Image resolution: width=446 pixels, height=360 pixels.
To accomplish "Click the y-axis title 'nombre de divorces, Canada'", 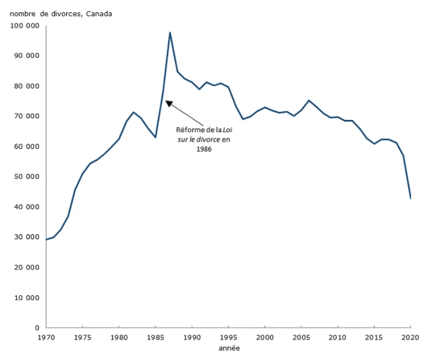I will [x=61, y=14].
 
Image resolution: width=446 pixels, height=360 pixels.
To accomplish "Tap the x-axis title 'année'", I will [x=228, y=348].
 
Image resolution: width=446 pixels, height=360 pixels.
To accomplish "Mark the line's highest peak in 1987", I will [x=170, y=32].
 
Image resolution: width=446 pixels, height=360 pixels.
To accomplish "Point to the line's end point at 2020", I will [x=411, y=198].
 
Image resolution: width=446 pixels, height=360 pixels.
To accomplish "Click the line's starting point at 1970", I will [x=46, y=239].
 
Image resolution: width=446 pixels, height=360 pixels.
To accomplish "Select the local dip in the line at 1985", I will [x=155, y=137].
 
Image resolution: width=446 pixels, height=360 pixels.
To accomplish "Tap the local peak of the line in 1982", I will [x=133, y=112].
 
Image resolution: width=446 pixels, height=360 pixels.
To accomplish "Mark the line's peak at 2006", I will [x=308, y=101].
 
